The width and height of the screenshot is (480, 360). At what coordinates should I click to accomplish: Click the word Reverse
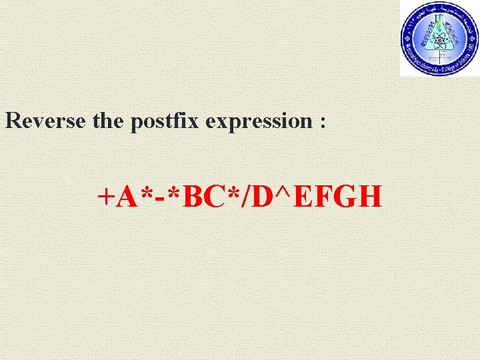(x=44, y=121)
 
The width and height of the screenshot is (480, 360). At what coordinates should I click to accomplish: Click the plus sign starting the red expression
(x=105, y=197)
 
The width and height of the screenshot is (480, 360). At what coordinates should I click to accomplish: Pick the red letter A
(x=125, y=197)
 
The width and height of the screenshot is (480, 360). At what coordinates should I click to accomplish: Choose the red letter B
(x=185, y=197)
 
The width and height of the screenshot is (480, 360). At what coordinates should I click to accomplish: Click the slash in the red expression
(x=237, y=197)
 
